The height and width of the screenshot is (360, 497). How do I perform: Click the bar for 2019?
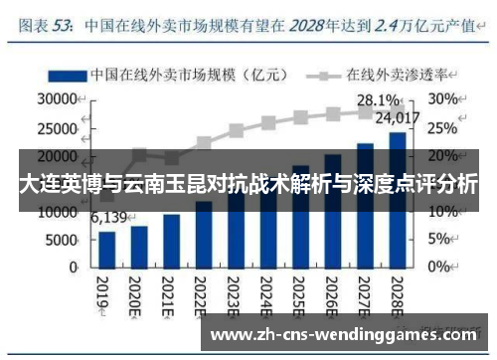[x=106, y=249]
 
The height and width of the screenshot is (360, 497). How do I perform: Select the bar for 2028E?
[x=397, y=199]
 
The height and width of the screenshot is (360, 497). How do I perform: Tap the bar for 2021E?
[x=171, y=241]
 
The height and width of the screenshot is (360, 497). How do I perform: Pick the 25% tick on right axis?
[x=443, y=127]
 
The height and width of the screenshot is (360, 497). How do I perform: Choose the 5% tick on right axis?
[x=439, y=240]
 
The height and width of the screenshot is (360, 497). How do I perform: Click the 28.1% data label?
[x=378, y=99]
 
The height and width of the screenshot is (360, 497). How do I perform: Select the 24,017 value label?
[x=397, y=119]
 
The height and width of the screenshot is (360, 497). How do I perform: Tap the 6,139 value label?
[x=108, y=218]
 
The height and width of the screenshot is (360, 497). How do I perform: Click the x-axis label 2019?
[x=103, y=293]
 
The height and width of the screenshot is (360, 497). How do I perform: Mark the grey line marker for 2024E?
[x=268, y=123]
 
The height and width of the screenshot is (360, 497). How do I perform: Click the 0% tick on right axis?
[x=439, y=268]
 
